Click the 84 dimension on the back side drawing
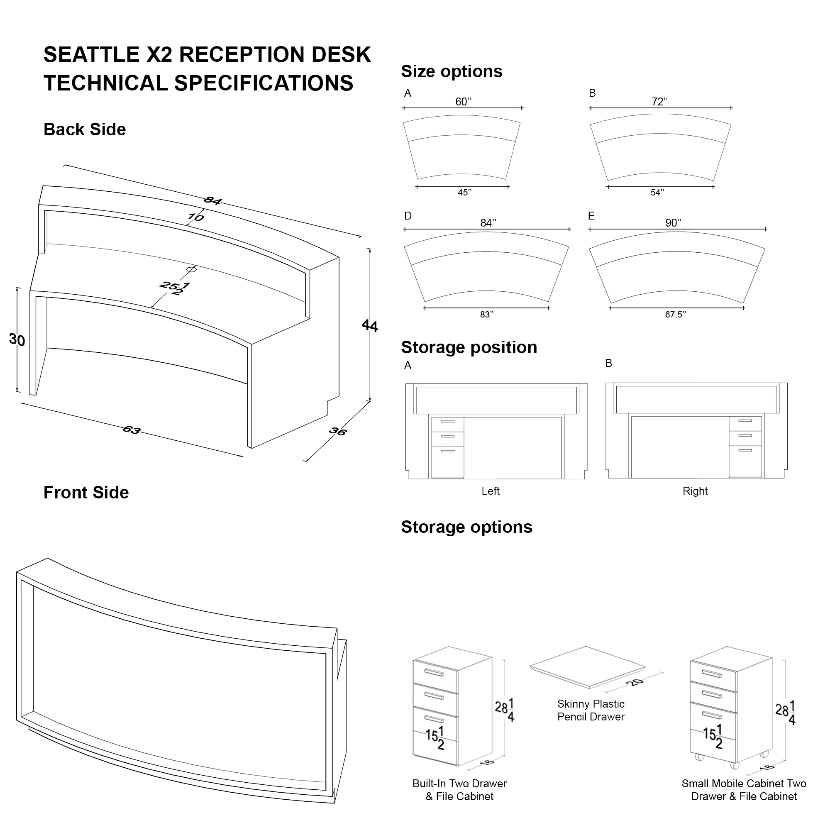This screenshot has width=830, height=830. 212,200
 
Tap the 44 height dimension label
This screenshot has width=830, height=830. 370,326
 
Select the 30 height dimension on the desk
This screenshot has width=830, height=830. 17,340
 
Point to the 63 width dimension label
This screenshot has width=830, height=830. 132,430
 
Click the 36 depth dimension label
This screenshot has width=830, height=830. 338,431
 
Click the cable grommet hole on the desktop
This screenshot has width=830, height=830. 192,269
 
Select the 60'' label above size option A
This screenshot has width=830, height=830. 463,102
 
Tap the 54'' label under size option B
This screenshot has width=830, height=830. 657,193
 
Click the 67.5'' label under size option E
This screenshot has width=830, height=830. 675,315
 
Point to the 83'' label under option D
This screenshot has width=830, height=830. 487,315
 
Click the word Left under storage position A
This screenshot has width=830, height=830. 490,491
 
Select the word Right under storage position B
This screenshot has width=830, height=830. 695,491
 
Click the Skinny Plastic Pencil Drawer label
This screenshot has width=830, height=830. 591,710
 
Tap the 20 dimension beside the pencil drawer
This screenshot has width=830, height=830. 635,682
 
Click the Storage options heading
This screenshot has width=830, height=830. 466,527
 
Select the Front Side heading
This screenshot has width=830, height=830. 86,493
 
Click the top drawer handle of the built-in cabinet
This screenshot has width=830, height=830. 434,672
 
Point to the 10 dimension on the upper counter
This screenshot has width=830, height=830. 195,217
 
